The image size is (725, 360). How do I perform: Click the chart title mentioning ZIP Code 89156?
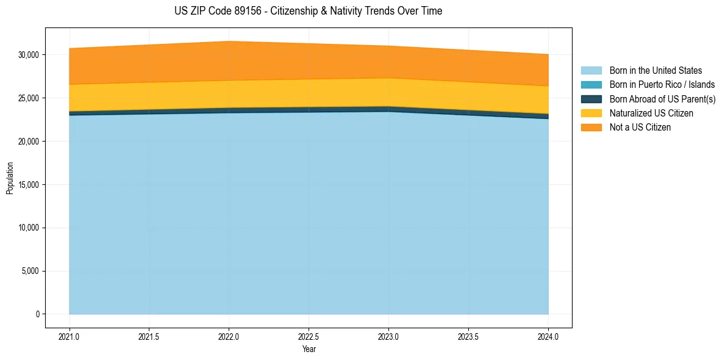[308, 11]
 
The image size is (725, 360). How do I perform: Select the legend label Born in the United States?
[655, 71]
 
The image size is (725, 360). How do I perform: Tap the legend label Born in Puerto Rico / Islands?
[662, 85]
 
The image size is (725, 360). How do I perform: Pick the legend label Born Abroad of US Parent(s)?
[662, 99]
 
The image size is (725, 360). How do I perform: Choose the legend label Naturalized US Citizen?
[651, 113]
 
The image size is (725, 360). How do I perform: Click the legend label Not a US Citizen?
[640, 127]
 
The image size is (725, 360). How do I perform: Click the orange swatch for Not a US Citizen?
[591, 127]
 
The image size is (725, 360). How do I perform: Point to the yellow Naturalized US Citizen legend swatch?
[591, 113]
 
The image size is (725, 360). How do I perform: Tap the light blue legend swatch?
[591, 71]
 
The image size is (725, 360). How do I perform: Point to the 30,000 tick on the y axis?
[29, 55]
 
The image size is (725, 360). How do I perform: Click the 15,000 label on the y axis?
[29, 185]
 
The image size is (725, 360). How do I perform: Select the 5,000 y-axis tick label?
[30, 272]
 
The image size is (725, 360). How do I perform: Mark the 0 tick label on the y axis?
[37, 314]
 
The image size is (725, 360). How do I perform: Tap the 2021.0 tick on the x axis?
[70, 336]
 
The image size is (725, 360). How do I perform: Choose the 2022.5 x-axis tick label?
[309, 336]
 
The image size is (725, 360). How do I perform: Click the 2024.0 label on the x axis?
[548, 336]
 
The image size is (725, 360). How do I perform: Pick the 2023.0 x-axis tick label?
[388, 336]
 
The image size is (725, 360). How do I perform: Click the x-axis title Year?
[309, 349]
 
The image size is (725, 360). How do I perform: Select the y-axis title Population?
[10, 178]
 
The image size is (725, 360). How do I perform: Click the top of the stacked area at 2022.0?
[229, 41]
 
